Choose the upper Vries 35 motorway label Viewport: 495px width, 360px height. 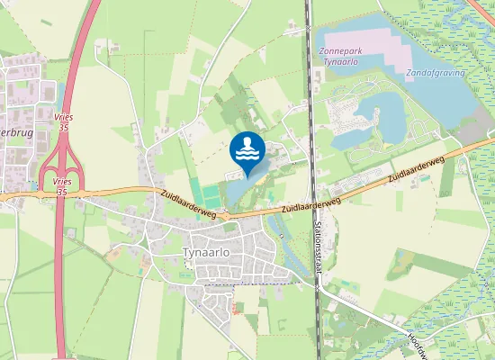point(63,124)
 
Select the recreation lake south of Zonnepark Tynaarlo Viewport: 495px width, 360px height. point(378,117)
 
